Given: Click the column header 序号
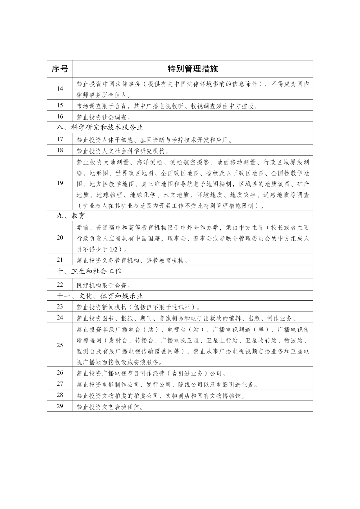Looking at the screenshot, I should coord(60,69).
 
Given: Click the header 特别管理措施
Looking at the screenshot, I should coord(193,69).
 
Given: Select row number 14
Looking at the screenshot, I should coord(60,89).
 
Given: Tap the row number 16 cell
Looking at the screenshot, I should coord(60,117).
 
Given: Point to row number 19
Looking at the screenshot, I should coord(60,183).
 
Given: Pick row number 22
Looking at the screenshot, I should coord(60,285).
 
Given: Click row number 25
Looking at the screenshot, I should coord(60,345).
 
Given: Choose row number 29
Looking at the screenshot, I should coord(60,406).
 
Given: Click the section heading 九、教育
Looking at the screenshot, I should coord(70,215).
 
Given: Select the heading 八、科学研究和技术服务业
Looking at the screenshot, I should coord(100,127).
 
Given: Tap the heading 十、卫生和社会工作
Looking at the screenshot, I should coord(89,271).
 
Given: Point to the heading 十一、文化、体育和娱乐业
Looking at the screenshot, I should coord(100,296).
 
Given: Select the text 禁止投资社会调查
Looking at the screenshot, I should coord(104,117).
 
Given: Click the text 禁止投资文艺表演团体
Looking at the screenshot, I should coord(110,407).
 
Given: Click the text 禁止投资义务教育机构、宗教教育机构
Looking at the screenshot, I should coord(132,261).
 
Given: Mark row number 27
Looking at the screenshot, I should coord(60,384).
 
